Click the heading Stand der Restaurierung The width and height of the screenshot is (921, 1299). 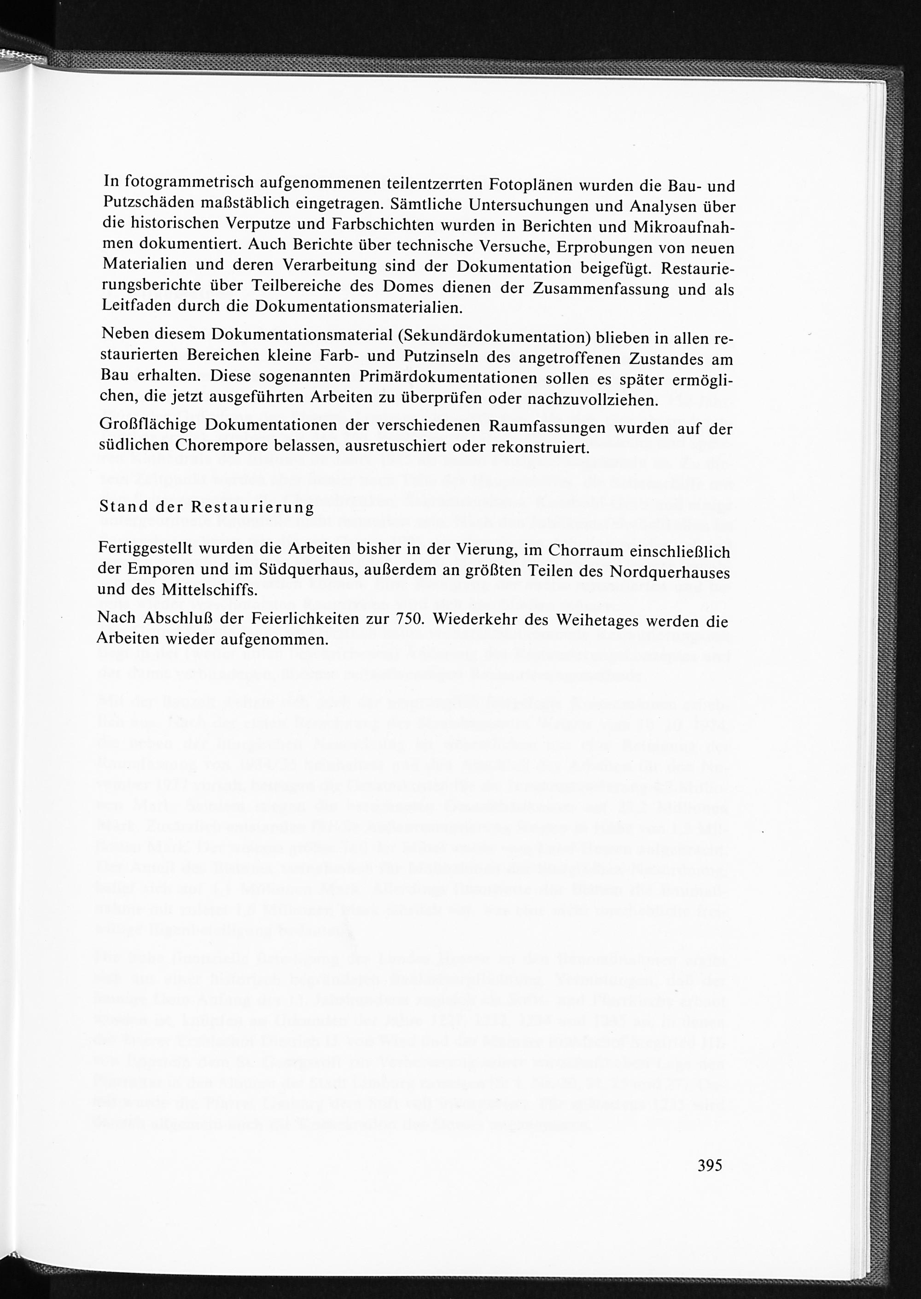pyautogui.click(x=206, y=507)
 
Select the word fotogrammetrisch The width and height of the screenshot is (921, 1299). pyautogui.click(x=189, y=182)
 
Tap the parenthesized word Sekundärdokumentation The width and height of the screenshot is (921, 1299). pyautogui.click(x=495, y=338)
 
